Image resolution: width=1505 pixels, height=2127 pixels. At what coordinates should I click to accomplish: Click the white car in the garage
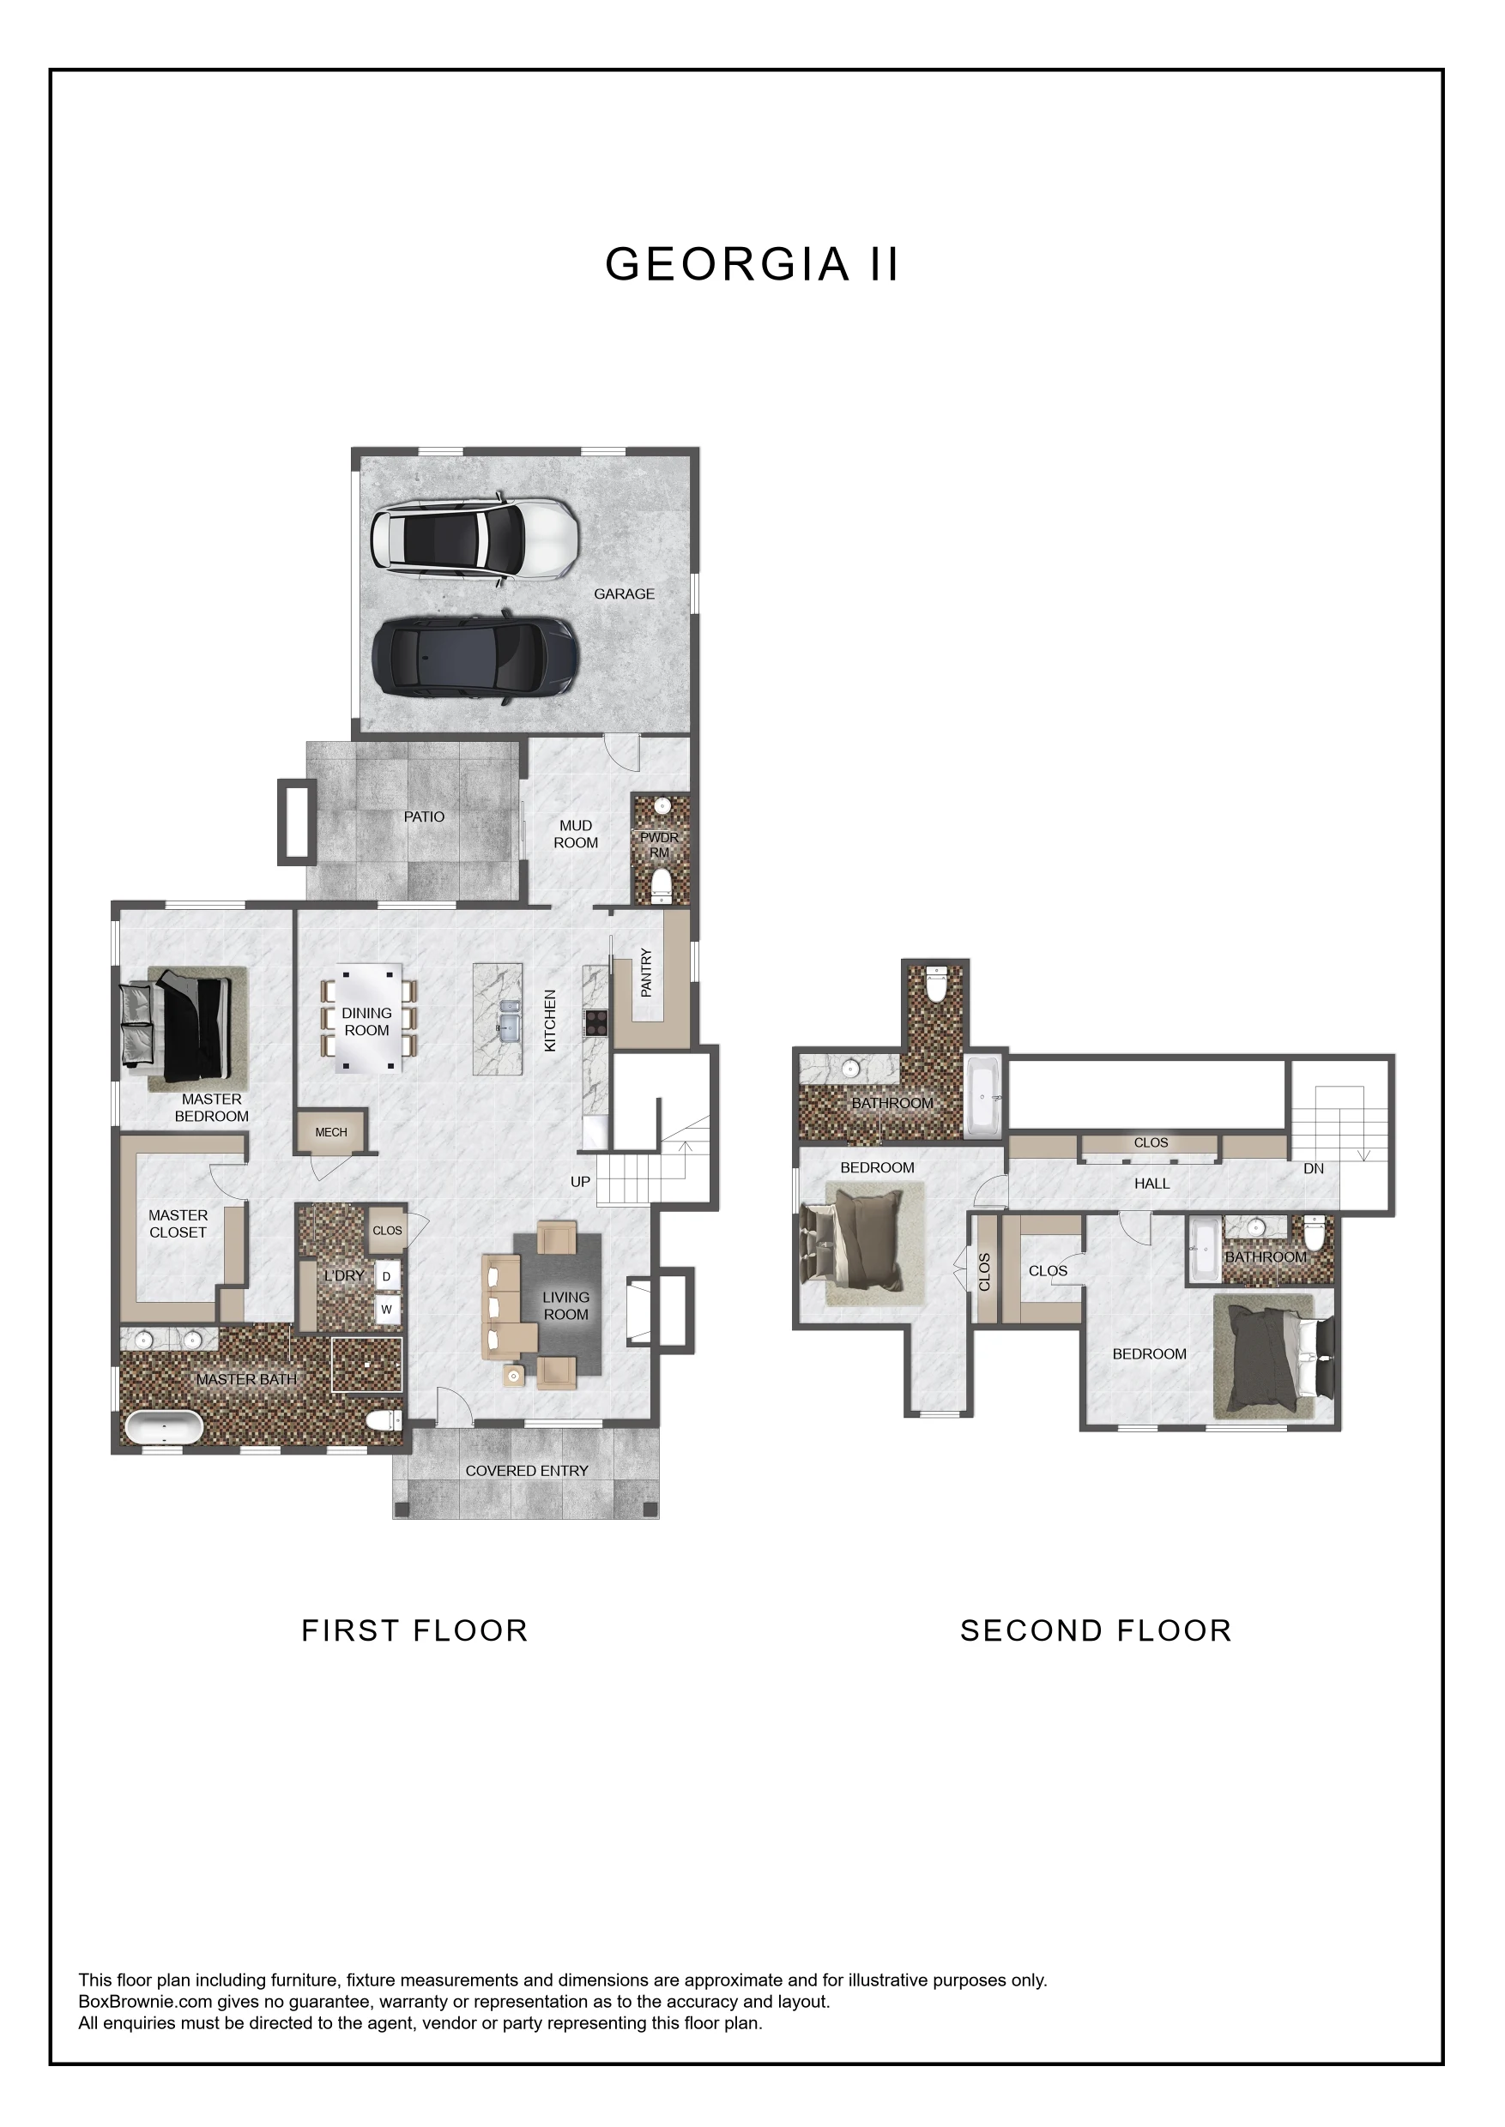pos(474,539)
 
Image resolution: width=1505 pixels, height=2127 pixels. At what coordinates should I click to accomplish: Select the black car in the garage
pos(475,659)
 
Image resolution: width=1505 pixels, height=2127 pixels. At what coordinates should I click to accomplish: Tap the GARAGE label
pos(624,594)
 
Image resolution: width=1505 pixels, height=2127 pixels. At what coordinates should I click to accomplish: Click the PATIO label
pos(424,817)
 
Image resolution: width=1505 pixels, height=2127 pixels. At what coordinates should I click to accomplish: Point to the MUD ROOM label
pos(576,834)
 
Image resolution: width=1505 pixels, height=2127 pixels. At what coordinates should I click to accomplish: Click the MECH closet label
pos(331,1132)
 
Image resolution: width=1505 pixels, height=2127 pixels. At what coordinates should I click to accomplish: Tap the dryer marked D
pos(387,1276)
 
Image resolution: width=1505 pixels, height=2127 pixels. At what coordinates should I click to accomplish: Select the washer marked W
pos(387,1309)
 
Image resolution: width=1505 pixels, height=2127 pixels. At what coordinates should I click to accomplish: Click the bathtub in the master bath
pos(163,1427)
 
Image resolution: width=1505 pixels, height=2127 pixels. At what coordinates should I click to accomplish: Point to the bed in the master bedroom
pos(175,1027)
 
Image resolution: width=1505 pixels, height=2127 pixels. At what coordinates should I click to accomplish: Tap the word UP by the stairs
pos(580,1182)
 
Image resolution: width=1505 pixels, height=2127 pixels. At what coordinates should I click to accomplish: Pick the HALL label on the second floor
pos(1152,1184)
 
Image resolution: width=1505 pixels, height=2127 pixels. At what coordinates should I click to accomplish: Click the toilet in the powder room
pos(661,886)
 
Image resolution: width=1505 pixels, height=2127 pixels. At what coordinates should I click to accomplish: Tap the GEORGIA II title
pos(752,264)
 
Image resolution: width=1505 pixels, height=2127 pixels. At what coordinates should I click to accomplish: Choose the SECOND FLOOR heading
pos(1096,1630)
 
